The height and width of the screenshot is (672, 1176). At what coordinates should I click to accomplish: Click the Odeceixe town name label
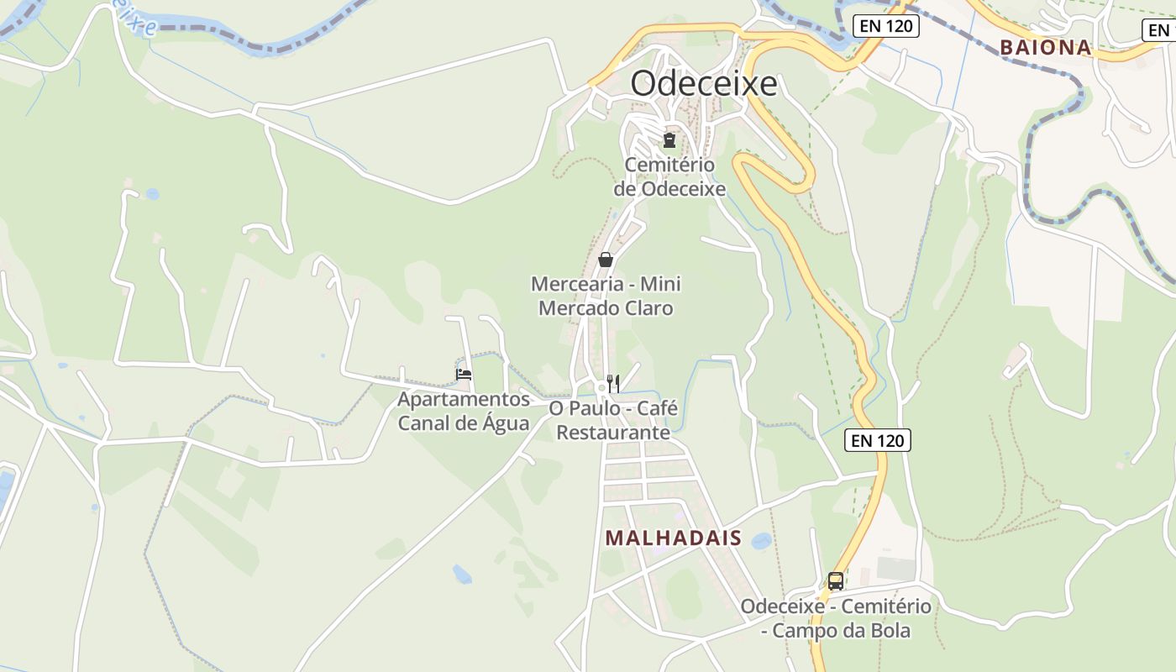704,84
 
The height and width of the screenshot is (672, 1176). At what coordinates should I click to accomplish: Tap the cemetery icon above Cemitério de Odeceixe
669,139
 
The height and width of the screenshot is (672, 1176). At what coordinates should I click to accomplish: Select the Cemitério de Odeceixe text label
669,176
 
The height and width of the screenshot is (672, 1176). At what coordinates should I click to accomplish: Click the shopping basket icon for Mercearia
606,260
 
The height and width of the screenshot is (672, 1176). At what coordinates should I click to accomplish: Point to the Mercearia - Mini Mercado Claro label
606,296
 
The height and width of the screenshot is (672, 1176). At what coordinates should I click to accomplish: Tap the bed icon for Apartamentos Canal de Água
464,374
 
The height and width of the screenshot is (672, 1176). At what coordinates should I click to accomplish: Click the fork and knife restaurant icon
614,383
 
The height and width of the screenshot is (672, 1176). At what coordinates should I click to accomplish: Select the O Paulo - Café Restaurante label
613,420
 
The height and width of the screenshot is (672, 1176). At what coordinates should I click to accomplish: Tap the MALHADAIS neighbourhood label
674,538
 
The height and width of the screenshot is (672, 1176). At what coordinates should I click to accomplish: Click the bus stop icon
836,580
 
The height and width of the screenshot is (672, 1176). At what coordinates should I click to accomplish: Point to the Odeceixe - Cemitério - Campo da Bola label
836,617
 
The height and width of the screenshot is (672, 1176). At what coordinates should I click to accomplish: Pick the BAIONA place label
1046,47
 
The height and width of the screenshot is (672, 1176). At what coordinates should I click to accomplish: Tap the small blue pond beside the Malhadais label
762,541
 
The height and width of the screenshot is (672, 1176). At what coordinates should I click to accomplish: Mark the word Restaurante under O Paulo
613,432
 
